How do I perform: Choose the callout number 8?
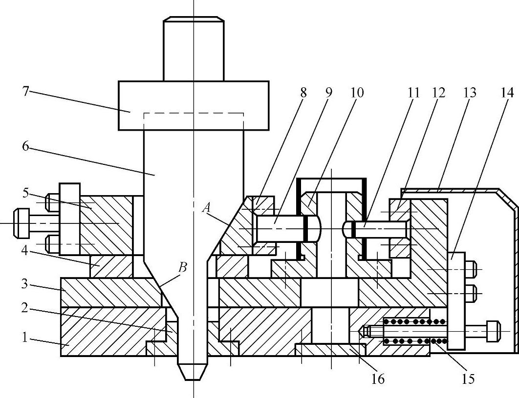(303, 92)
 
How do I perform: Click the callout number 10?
(357, 92)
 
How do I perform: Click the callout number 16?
(378, 378)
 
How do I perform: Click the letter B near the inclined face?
(182, 267)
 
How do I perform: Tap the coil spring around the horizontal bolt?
(414, 331)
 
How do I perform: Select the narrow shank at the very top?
(194, 49)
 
